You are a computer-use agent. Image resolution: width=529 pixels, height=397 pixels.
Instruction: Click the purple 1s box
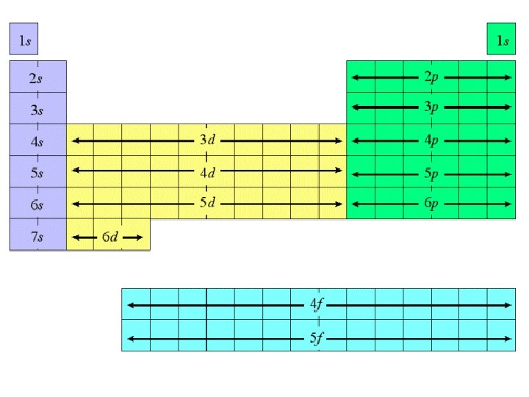pyautogui.click(x=24, y=40)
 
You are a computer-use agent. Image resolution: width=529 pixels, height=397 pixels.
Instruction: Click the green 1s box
pyautogui.click(x=502, y=40)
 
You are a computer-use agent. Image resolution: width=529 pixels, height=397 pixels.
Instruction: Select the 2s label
pyautogui.click(x=36, y=78)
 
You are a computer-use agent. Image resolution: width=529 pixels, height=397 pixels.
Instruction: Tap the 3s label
pyautogui.click(x=36, y=110)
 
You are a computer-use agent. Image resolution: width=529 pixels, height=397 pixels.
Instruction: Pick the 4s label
pyautogui.click(x=36, y=141)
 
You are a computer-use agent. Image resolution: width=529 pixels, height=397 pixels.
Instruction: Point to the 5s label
pyautogui.click(x=36, y=174)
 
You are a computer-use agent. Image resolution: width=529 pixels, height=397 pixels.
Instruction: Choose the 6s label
pyautogui.click(x=36, y=204)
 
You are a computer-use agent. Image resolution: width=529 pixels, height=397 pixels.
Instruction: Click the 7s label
pyautogui.click(x=36, y=237)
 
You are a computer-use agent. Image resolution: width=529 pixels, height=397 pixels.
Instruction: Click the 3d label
pyautogui.click(x=207, y=140)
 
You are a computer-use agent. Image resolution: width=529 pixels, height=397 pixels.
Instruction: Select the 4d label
pyautogui.click(x=207, y=172)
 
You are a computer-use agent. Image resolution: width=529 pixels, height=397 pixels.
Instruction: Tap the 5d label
pyautogui.click(x=207, y=203)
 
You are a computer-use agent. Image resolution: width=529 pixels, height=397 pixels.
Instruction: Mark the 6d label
pyautogui.click(x=110, y=237)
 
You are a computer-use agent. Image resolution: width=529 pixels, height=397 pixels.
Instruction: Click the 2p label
pyautogui.click(x=431, y=77)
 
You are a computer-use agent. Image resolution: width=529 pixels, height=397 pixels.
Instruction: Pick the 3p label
pyautogui.click(x=431, y=107)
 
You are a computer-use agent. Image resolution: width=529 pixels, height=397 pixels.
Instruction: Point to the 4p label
pyautogui.click(x=431, y=140)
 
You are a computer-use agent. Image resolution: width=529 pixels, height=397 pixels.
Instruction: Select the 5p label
pyautogui.click(x=431, y=174)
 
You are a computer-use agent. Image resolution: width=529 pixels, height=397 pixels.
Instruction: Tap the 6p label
pyautogui.click(x=431, y=203)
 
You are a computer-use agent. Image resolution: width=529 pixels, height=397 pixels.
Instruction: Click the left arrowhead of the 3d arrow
pyautogui.click(x=73, y=140)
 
